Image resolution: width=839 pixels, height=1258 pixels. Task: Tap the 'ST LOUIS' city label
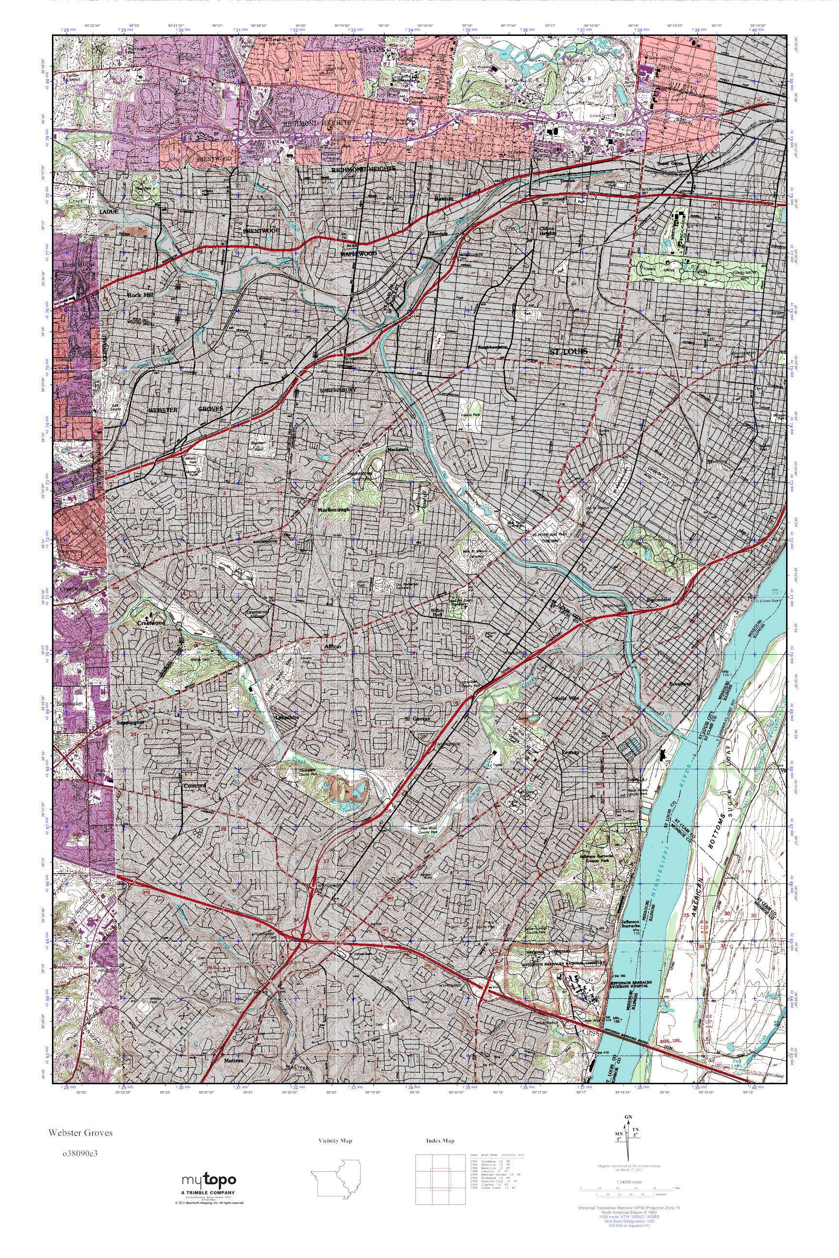click(x=569, y=351)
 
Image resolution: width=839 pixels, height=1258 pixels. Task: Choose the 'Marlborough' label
click(x=334, y=510)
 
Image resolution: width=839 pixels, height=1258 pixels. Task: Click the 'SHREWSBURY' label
click(x=337, y=390)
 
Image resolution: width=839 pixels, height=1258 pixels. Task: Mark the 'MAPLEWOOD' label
click(x=358, y=253)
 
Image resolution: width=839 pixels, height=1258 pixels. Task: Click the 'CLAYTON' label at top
click(x=369, y=49)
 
